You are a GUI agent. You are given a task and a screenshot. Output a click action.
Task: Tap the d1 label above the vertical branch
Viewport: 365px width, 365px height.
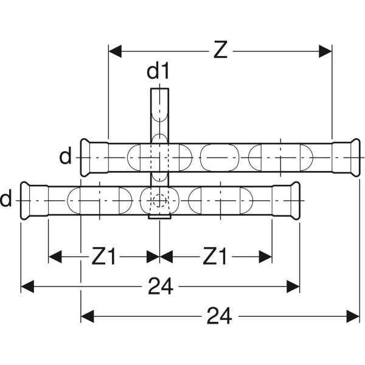click(x=158, y=72)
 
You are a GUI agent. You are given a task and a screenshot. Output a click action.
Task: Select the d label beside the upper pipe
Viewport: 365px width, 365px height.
click(x=66, y=158)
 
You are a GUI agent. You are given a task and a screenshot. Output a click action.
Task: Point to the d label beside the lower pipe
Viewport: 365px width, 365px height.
click(x=6, y=199)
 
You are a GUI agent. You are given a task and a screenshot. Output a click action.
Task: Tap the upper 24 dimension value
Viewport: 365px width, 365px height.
click(x=161, y=286)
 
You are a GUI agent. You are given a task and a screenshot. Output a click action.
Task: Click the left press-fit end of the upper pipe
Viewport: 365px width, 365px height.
click(x=88, y=158)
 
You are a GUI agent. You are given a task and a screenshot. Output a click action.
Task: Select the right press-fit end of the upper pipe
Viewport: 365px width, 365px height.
click(x=352, y=158)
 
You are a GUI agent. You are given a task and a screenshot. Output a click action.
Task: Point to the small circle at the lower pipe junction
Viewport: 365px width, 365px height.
click(x=158, y=200)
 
